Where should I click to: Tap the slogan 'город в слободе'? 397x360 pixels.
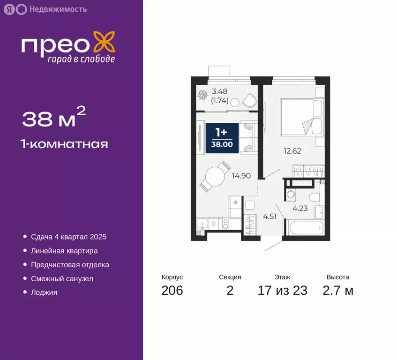(x=81, y=59)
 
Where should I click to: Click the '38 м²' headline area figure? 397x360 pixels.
(x=53, y=119)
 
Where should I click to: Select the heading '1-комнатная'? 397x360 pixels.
(x=65, y=144)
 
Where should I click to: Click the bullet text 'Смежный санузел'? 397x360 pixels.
(x=62, y=278)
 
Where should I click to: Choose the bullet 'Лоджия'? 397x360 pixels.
(x=44, y=292)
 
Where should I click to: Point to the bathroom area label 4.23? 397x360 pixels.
(x=300, y=209)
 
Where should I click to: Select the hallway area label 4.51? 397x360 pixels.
(x=270, y=217)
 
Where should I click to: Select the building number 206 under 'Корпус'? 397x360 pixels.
(x=172, y=291)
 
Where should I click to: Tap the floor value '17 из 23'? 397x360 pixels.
(x=283, y=291)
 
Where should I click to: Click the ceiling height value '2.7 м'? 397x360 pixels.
(x=338, y=291)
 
